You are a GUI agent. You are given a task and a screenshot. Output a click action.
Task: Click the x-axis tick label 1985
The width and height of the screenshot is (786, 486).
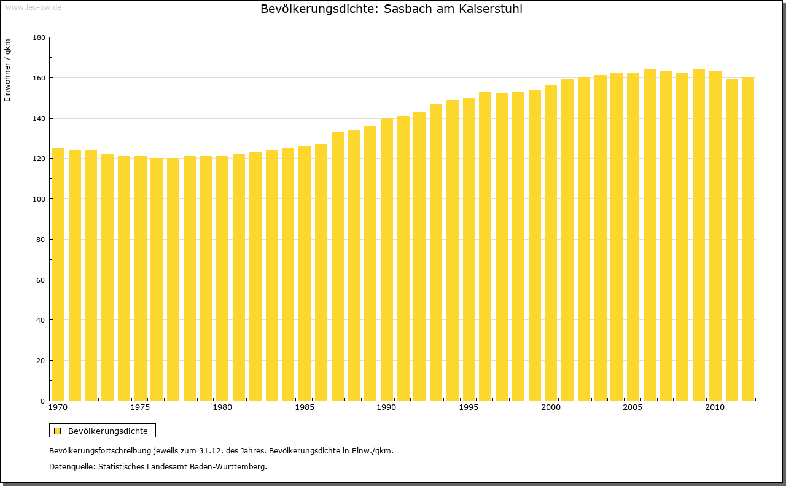point(305,407)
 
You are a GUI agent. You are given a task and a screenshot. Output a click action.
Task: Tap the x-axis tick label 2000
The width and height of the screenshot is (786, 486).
point(551,407)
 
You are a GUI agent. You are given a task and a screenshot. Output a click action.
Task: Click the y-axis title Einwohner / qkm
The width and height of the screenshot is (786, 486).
point(7,71)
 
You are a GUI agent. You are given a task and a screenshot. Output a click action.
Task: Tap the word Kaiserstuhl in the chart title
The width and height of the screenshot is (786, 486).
point(491,9)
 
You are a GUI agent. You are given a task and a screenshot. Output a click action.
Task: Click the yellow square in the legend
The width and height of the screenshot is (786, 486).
point(58,431)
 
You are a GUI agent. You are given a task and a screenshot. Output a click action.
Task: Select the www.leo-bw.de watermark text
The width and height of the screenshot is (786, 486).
point(33,7)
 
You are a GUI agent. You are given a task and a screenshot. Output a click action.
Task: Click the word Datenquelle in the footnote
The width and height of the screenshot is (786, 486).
point(71,467)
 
